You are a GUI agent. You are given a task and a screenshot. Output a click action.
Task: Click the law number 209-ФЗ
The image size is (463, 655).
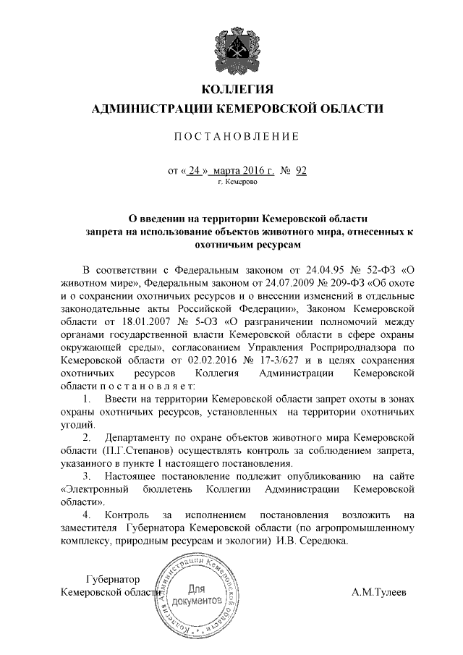click(x=337, y=282)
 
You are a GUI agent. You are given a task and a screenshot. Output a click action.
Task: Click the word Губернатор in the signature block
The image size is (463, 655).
click(x=112, y=579)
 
